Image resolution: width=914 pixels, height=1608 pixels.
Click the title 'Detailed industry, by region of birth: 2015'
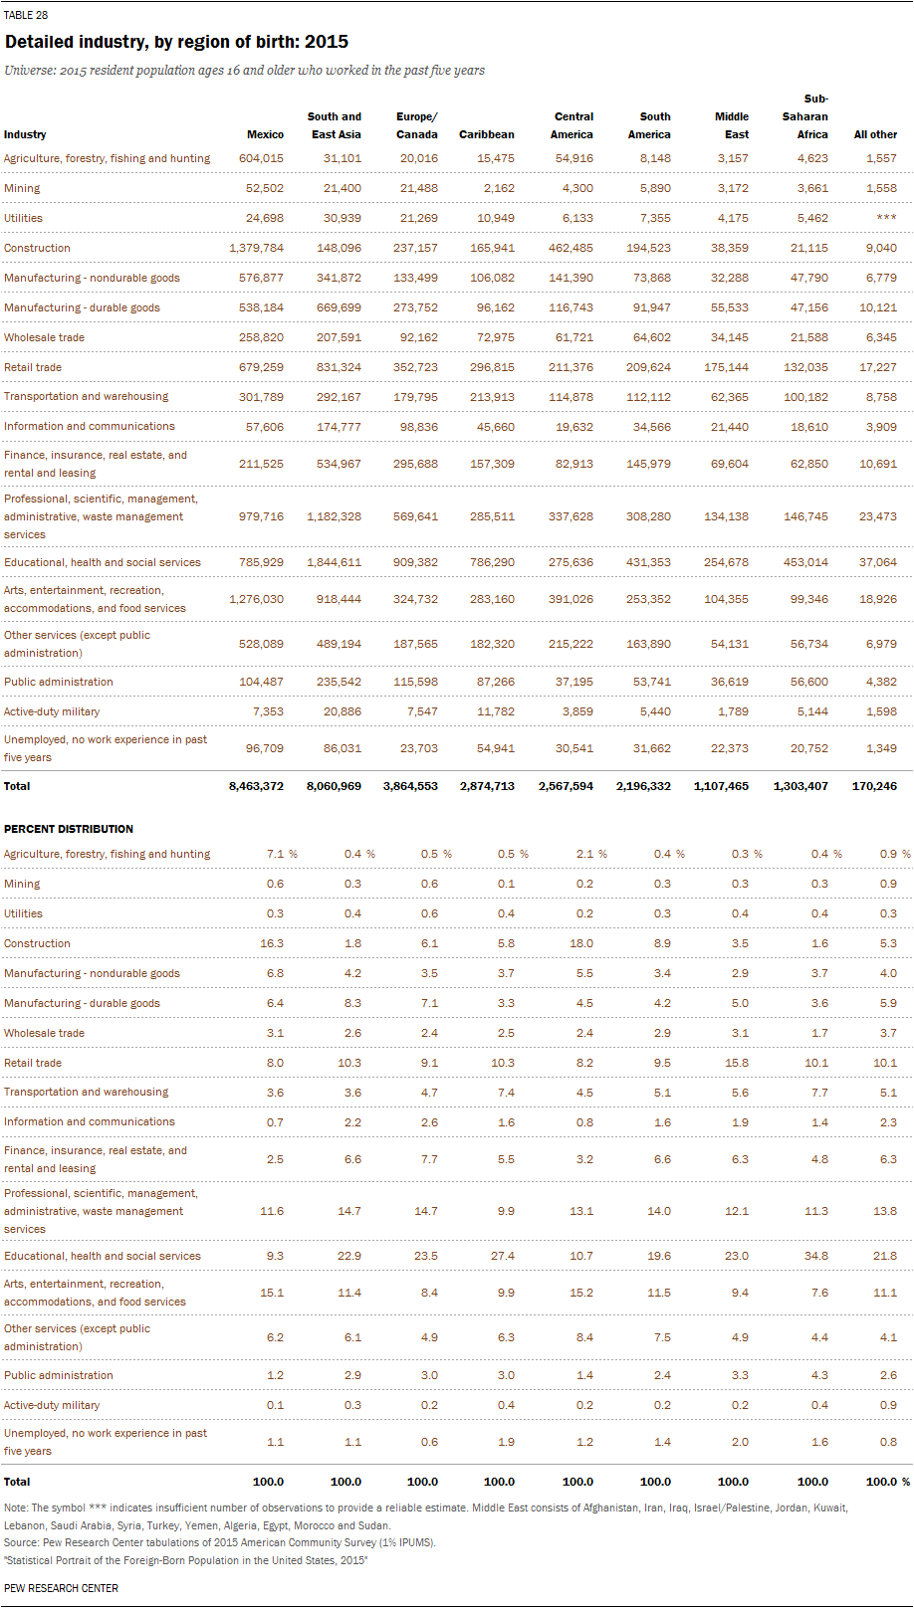(x=176, y=42)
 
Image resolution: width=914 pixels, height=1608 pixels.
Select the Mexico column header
(x=265, y=134)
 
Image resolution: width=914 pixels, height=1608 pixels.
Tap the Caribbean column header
(x=486, y=134)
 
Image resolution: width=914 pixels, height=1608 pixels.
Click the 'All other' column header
(x=875, y=134)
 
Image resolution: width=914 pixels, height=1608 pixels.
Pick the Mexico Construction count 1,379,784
(x=256, y=248)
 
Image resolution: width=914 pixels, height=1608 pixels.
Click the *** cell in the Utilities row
(x=886, y=218)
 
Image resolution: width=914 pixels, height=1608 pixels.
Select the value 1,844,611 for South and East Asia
(x=334, y=562)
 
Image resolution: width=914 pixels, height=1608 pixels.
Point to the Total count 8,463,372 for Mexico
(x=256, y=786)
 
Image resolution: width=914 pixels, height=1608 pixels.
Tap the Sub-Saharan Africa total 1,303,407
(x=800, y=786)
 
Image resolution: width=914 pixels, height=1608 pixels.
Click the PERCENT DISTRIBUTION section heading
(x=69, y=829)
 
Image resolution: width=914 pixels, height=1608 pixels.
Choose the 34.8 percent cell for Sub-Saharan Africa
(x=816, y=1256)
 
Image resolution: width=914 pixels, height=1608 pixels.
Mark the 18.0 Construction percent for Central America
(x=580, y=943)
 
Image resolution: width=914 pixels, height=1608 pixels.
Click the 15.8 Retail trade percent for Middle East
(x=737, y=1063)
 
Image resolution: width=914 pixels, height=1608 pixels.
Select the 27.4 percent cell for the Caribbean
(x=503, y=1256)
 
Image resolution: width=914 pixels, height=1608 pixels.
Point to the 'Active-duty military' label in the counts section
(x=52, y=711)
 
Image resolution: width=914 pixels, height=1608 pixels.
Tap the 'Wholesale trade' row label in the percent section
(x=44, y=1033)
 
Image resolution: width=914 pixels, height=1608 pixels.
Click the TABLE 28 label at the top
(x=26, y=15)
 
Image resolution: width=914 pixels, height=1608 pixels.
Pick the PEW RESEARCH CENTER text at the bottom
(x=61, y=1588)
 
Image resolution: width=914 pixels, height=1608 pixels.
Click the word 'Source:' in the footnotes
(x=22, y=1542)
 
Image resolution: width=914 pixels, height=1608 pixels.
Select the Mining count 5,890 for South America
(x=651, y=188)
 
